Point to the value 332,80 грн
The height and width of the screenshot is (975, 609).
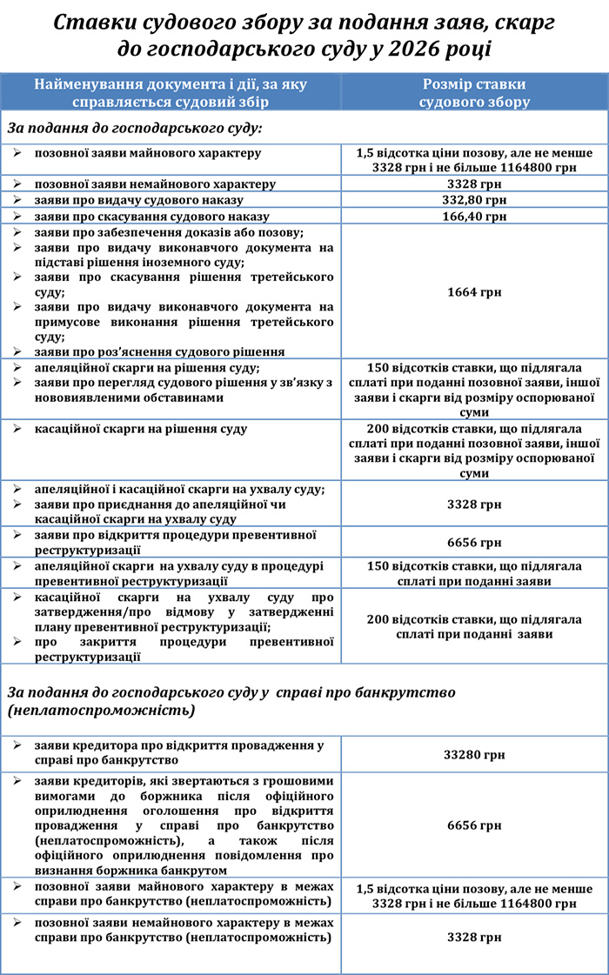[x=474, y=200]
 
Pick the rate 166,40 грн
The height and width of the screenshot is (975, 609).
[x=474, y=217]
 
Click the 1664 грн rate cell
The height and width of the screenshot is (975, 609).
[x=474, y=292]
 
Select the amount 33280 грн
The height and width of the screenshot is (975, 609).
[x=474, y=755]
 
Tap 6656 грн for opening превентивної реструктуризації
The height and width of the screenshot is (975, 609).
[x=474, y=543]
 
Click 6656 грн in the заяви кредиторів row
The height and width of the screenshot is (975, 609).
[x=474, y=825]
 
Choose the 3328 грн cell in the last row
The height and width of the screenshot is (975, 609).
[x=474, y=938]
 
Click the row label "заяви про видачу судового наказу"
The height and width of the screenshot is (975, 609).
[x=138, y=200]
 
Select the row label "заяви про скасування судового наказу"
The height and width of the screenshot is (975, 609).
[x=151, y=217]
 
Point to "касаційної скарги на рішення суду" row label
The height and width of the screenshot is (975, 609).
[x=140, y=429]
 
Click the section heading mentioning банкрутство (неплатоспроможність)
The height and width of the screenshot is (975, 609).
[x=231, y=701]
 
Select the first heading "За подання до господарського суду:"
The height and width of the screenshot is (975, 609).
[x=135, y=128]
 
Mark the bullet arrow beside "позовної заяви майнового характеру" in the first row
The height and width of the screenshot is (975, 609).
[x=18, y=153]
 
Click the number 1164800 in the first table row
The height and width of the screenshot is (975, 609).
[x=514, y=167]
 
